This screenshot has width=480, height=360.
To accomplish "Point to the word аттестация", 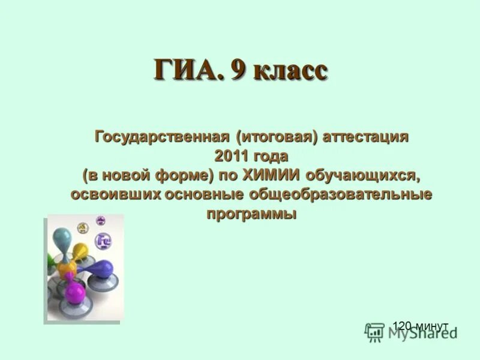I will [x=366, y=137].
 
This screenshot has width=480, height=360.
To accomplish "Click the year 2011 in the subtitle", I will [x=232, y=156].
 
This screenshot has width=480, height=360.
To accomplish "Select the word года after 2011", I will [x=271, y=156].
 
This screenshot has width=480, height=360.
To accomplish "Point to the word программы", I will [x=252, y=214].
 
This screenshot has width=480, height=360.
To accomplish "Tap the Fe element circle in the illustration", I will [x=104, y=241].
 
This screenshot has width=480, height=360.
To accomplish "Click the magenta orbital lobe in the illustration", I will [x=75, y=292].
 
